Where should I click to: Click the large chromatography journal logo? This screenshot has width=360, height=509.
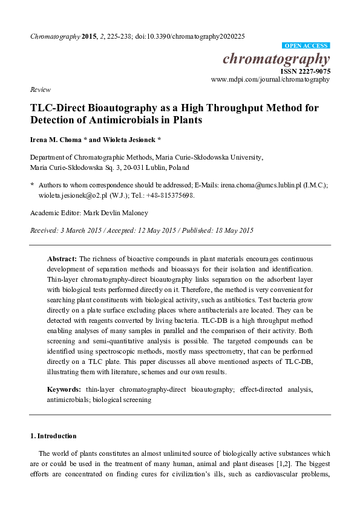click(277, 59)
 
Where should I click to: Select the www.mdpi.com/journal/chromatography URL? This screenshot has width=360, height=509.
click(270, 79)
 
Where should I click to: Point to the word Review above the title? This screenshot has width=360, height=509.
click(40, 89)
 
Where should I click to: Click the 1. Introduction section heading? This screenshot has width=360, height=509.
click(53, 436)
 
